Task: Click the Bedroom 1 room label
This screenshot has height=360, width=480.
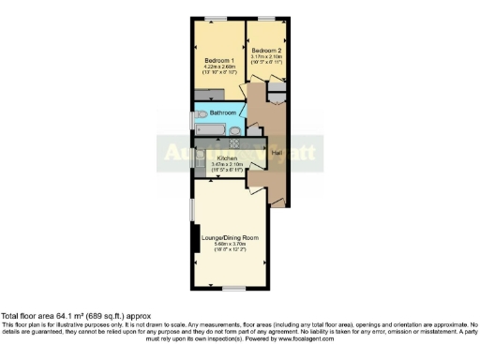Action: point(218,60)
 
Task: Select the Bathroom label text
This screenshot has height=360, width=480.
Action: point(222,113)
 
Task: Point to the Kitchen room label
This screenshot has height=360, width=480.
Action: point(228,157)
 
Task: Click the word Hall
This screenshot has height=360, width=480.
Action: point(277,153)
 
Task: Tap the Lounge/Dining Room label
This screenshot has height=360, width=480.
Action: point(230,238)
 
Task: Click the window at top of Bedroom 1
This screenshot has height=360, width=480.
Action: point(217,20)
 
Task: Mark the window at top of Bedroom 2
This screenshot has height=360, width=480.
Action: point(267,20)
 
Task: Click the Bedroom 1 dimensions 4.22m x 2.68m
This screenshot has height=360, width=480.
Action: point(218,67)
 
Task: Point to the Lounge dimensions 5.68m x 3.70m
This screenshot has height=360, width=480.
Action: point(230,245)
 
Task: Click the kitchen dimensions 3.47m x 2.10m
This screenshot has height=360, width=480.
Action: point(229,164)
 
